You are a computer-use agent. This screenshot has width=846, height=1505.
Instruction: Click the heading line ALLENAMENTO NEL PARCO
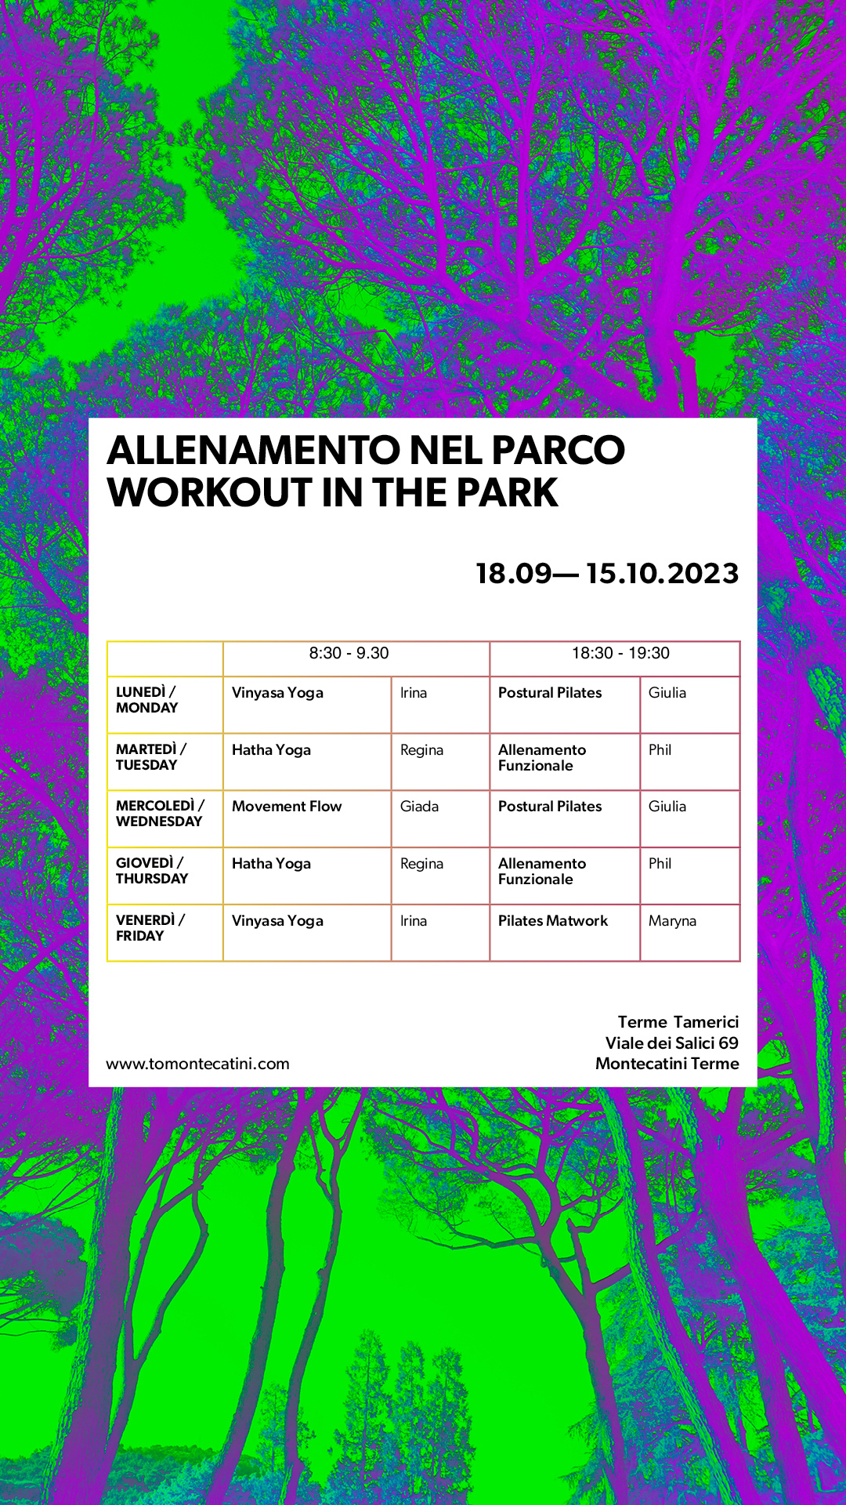(366, 450)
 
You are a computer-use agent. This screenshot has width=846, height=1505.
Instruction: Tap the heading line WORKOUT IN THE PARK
(333, 492)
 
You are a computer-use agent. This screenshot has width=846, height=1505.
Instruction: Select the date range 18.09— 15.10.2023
(607, 573)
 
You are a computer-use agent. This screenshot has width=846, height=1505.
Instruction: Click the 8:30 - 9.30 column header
(349, 653)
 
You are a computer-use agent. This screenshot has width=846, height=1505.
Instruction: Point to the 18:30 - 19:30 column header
(620, 653)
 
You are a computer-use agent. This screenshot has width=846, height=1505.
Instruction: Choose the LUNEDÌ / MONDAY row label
(146, 700)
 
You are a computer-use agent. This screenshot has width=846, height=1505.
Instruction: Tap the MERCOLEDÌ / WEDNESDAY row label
(160, 814)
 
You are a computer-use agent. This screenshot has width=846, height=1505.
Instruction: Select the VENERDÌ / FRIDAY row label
(150, 927)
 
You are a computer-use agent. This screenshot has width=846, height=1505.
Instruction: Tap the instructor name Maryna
(672, 922)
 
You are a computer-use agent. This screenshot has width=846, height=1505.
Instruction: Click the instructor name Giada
(419, 807)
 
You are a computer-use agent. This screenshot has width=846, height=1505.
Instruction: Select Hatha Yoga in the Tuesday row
(271, 751)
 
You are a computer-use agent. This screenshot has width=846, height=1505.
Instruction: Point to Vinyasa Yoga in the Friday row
(277, 922)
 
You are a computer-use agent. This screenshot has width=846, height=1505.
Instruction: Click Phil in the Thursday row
(660, 864)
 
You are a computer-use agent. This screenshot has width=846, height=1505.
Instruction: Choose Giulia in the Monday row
(667, 693)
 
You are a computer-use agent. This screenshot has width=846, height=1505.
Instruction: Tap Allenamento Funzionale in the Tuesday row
(542, 758)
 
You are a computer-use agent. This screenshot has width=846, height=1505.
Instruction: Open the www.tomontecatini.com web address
(197, 1064)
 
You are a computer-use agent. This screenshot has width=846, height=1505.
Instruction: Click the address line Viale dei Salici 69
(672, 1043)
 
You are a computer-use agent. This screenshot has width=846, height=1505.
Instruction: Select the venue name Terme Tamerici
(678, 1022)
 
